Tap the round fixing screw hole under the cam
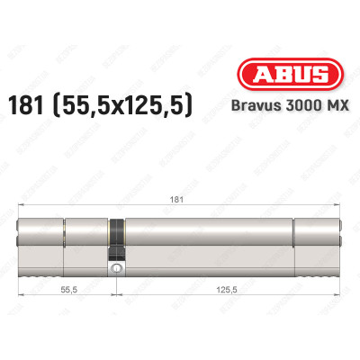point(115,267)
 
